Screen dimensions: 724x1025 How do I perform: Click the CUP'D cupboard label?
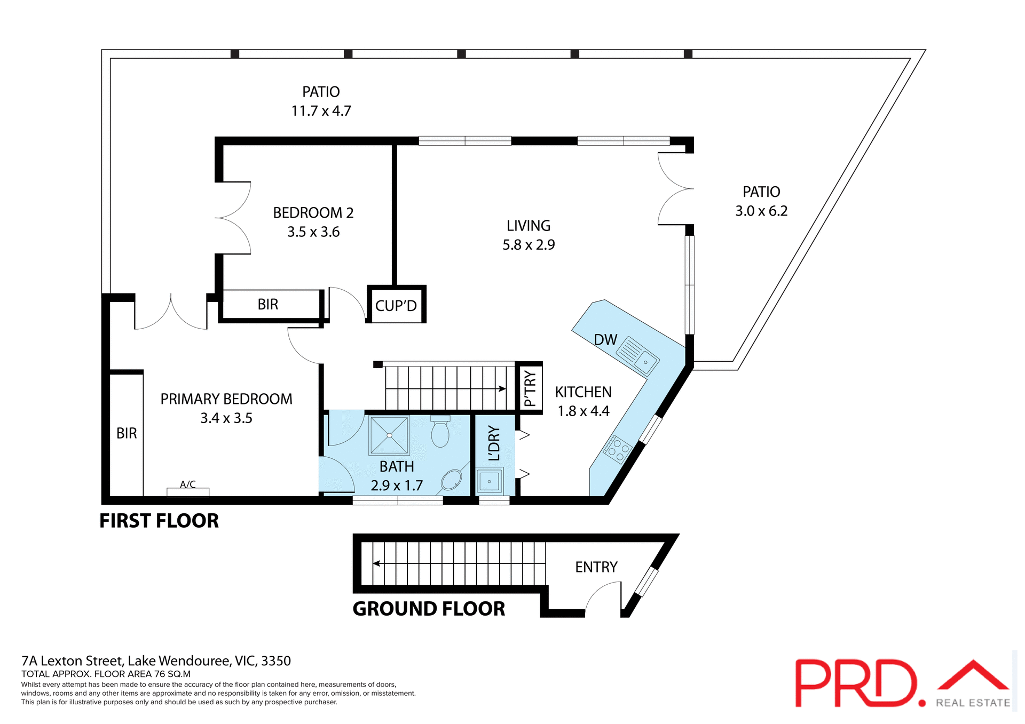(396, 306)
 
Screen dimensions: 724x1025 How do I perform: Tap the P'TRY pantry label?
(530, 388)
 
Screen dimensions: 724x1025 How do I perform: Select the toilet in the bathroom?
(440, 432)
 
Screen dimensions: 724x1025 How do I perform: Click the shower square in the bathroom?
(389, 435)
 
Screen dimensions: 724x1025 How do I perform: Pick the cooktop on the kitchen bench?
(618, 449)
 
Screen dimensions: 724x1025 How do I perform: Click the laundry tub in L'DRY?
(489, 481)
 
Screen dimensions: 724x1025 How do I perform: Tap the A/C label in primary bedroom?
(187, 484)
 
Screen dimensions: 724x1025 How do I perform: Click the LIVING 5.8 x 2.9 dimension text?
(529, 245)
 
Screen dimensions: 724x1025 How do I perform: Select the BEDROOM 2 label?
(313, 213)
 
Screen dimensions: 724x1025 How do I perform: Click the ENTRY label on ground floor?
(596, 567)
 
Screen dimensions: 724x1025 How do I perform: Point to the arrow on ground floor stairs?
(377, 563)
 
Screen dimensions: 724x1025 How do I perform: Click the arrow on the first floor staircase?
(502, 388)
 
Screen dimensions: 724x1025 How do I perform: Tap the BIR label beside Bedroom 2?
(268, 304)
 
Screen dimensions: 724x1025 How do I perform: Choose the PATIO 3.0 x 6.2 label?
(761, 201)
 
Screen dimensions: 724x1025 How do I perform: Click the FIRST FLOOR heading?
(159, 521)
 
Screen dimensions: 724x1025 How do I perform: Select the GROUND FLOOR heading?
(429, 609)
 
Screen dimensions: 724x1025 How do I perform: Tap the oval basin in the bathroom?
(452, 480)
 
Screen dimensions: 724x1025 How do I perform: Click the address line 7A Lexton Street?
(156, 661)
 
